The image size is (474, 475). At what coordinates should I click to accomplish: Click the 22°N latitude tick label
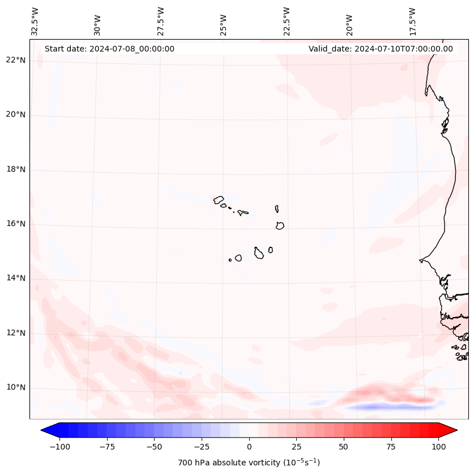16,60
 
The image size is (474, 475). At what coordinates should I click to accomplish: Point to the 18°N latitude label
16,169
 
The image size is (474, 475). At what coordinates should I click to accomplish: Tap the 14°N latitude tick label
16,278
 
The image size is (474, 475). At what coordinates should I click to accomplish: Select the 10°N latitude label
16,387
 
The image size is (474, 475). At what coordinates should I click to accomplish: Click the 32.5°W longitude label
35,22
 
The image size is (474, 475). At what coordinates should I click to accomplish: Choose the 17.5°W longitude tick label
412,22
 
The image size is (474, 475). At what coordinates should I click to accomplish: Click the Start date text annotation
109,49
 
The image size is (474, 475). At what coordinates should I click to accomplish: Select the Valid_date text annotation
381,49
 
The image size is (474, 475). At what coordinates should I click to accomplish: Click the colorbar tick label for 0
249,447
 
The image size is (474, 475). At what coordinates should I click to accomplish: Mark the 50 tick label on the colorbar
344,447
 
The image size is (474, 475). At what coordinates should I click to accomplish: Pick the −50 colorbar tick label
154,447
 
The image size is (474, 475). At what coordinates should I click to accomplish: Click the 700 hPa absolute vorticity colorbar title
249,463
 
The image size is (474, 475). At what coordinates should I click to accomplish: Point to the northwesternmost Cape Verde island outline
219,199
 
